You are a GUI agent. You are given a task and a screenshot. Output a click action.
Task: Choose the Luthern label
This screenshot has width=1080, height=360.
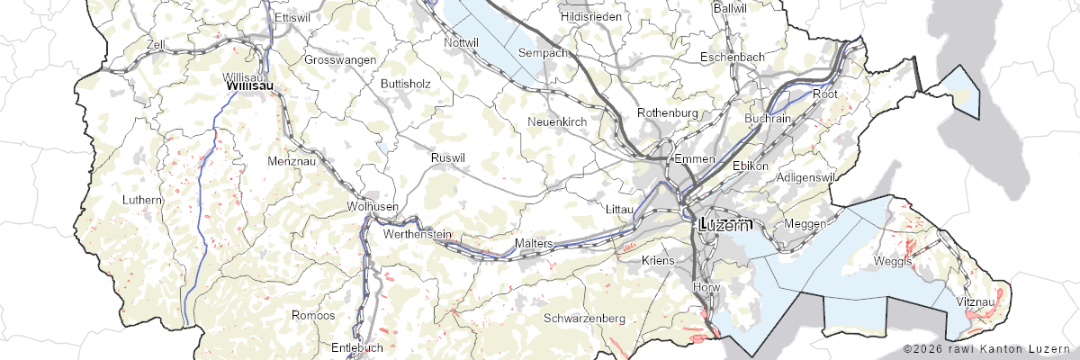(x=142, y=199)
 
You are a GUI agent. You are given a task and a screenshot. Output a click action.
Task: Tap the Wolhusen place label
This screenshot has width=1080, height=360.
(x=372, y=206)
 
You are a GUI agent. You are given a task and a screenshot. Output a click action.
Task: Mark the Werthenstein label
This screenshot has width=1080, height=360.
(x=417, y=234)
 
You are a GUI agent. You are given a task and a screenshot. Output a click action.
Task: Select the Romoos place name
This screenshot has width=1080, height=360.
(x=313, y=315)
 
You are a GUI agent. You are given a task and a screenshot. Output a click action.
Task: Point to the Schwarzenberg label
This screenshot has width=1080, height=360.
(x=585, y=318)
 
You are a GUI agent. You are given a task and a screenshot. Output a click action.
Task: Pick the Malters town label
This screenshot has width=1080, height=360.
(x=533, y=244)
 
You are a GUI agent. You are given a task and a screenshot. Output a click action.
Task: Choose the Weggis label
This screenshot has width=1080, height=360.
(x=893, y=261)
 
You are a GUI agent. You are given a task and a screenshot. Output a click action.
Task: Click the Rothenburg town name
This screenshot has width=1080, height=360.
(x=668, y=112)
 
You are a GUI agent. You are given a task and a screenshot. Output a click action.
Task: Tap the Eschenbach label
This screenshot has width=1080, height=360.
(x=733, y=57)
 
